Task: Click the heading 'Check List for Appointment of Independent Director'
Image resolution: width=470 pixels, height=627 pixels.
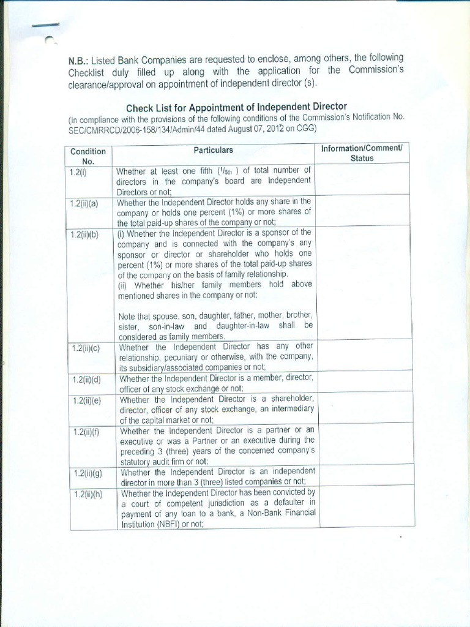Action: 236,108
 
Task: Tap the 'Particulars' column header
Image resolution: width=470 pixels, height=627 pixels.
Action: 213,150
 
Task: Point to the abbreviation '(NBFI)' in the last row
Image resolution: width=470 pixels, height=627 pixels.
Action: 157,524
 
